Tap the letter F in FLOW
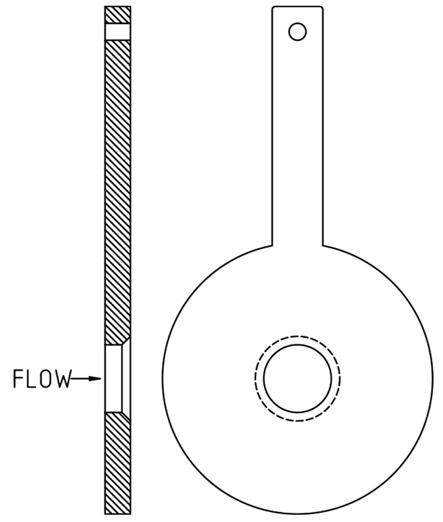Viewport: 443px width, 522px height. (x=18, y=379)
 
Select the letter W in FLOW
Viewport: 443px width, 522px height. (x=61, y=379)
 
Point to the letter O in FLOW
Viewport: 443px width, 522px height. (x=47, y=379)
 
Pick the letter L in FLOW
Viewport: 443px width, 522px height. (x=31, y=379)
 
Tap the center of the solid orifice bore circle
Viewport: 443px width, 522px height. (x=298, y=378)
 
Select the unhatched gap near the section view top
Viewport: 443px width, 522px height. (x=118, y=32)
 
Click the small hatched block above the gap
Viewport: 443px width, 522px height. (x=118, y=15)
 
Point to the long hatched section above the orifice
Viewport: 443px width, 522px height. (x=118, y=193)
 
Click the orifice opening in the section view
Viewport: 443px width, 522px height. (x=114, y=378)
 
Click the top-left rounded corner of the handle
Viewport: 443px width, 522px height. (x=274, y=8)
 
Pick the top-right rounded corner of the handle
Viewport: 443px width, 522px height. (x=321, y=8)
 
